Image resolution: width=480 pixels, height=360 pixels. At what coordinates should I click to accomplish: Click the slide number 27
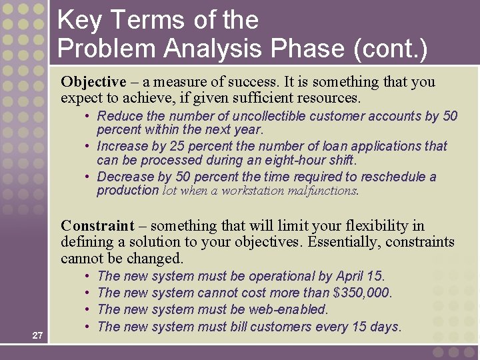coord(37,335)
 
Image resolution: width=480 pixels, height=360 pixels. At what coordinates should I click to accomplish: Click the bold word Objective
coord(93,82)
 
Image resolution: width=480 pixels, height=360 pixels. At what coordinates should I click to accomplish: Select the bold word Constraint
coord(97,226)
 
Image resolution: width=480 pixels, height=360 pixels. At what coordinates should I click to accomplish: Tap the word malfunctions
coord(323,191)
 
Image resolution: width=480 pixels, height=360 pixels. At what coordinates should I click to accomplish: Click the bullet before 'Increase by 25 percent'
coord(88,146)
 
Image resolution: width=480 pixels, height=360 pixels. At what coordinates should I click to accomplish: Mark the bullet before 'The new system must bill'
coord(88,327)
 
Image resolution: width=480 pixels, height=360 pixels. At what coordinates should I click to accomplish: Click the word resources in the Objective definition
coord(328,99)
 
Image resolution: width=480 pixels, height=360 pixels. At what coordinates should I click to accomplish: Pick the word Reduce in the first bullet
coord(115,116)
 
